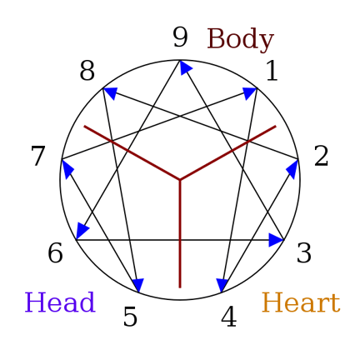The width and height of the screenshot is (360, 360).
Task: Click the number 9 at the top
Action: [x=180, y=37]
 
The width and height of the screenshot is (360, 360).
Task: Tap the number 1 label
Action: [x=272, y=71]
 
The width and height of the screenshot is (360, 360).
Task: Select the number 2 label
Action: [x=321, y=157]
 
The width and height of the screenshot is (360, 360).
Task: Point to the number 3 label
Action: [x=304, y=252]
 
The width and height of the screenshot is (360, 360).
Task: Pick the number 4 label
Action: [x=228, y=317]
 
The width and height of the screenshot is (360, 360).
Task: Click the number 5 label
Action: [x=130, y=317]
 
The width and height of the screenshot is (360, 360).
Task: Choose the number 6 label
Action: [x=55, y=252]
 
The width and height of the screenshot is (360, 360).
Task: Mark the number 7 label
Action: [x=37, y=157]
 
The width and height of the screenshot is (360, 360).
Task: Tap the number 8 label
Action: [x=87, y=71]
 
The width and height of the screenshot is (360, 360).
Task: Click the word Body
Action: [x=241, y=39]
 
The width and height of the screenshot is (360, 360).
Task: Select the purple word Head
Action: [x=60, y=302]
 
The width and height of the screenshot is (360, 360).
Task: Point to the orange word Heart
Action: [x=301, y=302]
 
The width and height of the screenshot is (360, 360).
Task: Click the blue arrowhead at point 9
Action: [x=185, y=67]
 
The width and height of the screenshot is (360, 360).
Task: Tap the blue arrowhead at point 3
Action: [x=276, y=240]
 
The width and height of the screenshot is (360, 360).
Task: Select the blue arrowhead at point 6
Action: [x=82, y=231]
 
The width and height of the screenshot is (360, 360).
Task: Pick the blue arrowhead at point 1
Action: [x=250, y=93]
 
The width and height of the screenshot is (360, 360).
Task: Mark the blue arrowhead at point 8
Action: [x=111, y=93]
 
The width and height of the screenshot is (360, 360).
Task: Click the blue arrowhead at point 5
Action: [x=138, y=285]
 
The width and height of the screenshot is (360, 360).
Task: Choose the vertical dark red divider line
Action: [x=180, y=234]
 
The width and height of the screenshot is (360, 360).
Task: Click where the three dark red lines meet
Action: [x=180, y=180]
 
